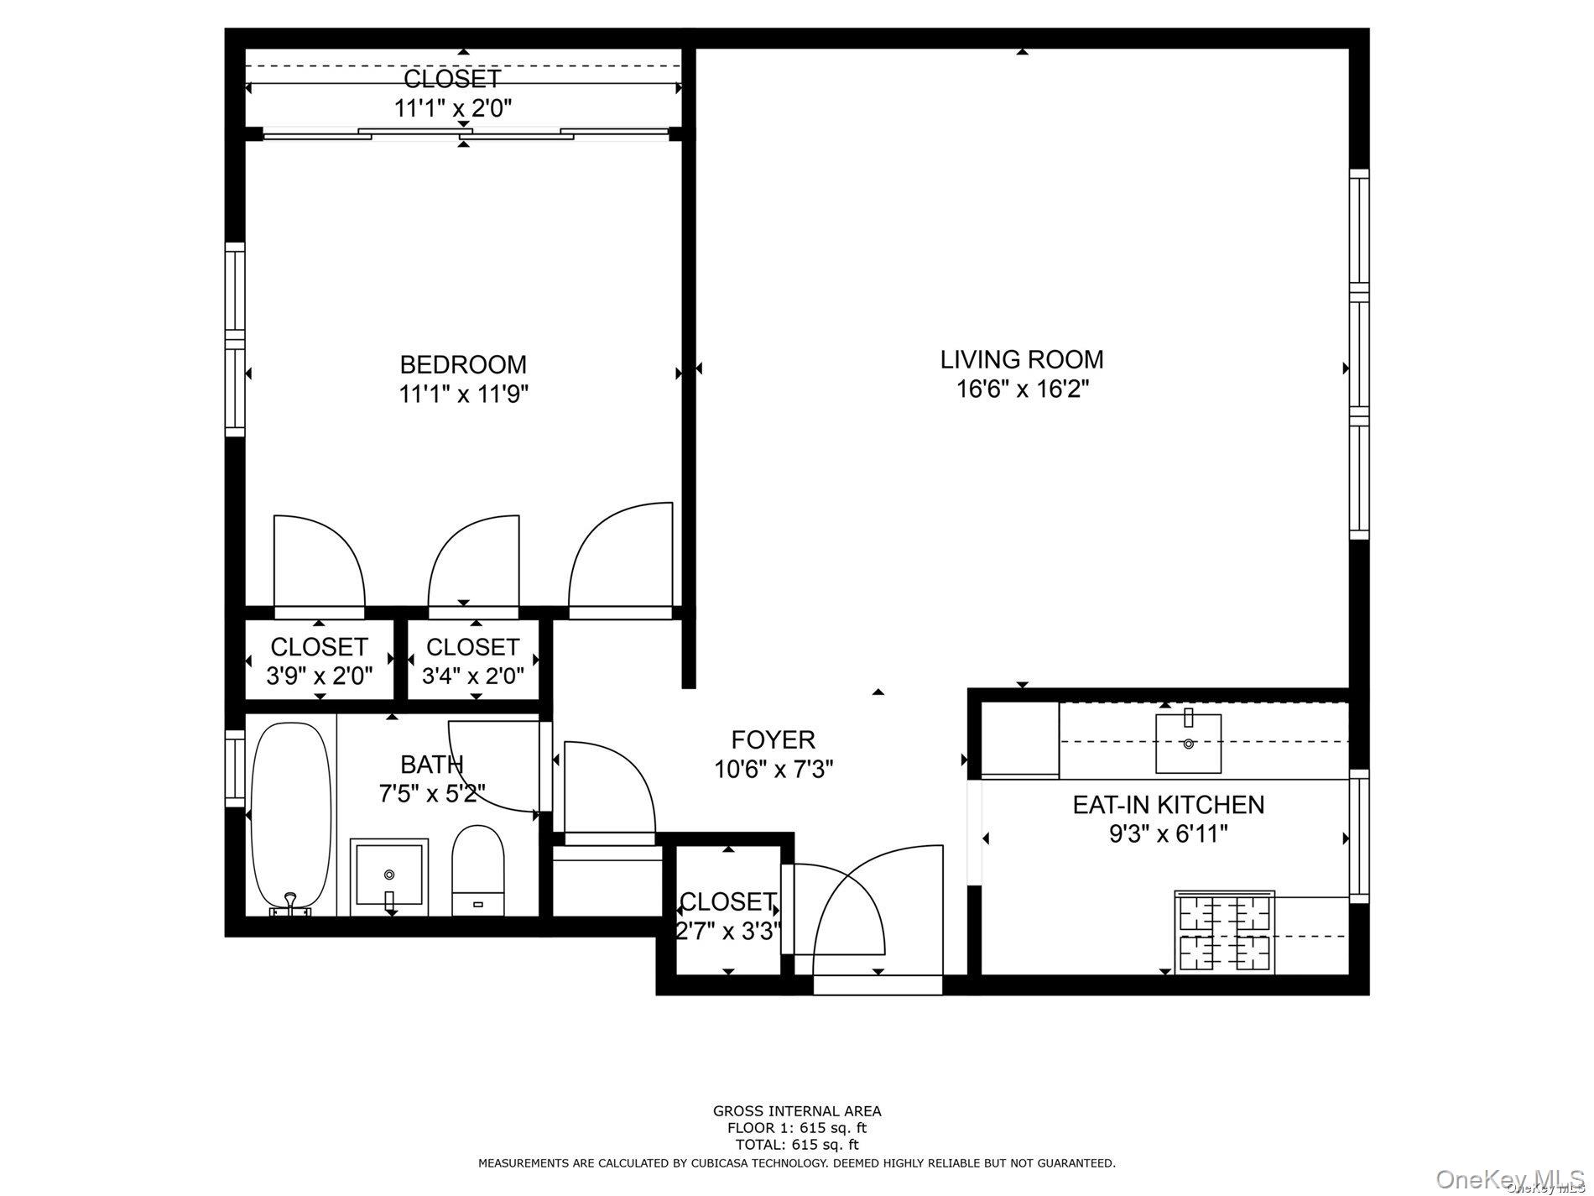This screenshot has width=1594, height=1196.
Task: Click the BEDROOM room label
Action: [x=463, y=364]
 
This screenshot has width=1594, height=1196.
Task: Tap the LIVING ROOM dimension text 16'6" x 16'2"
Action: [x=1022, y=389]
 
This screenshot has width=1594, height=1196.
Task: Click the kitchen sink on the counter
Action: [x=1188, y=744]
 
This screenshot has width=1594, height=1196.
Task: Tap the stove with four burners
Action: [x=1225, y=932]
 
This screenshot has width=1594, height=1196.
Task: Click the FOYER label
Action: [x=773, y=739]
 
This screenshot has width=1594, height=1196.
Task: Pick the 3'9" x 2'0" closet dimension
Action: [x=319, y=676]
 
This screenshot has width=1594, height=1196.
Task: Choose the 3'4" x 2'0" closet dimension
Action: [x=473, y=676]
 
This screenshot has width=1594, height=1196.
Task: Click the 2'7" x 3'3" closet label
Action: [x=728, y=931]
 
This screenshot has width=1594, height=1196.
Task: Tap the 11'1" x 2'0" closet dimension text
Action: [x=453, y=108]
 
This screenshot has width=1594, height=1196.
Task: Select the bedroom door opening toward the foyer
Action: [x=621, y=558]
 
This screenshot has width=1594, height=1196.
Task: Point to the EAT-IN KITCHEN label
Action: [x=1168, y=804]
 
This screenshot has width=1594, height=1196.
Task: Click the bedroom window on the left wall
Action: [x=235, y=340]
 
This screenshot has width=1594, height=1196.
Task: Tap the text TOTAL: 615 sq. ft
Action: [x=796, y=1144]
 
